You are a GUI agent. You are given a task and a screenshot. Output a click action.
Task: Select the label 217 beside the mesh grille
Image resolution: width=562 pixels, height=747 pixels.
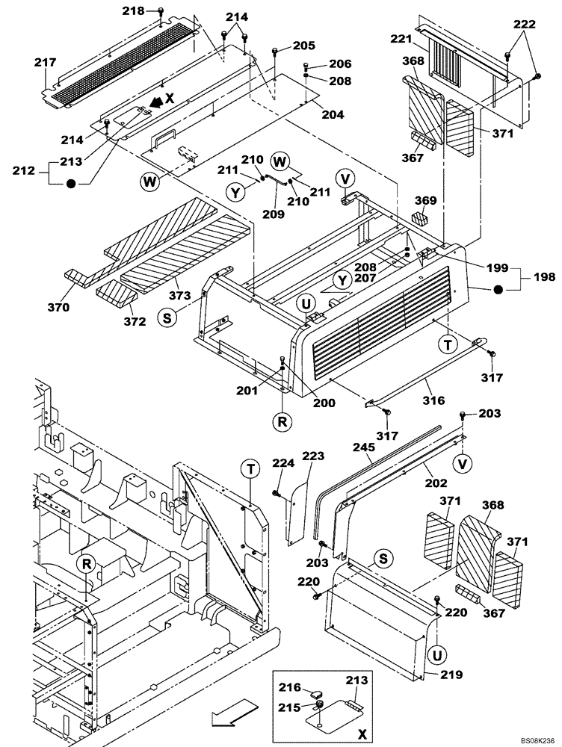46,64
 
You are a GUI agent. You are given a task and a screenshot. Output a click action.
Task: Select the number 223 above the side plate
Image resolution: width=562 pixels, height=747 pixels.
314,455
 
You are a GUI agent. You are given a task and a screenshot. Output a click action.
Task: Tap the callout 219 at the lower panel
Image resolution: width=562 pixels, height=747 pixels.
451,675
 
